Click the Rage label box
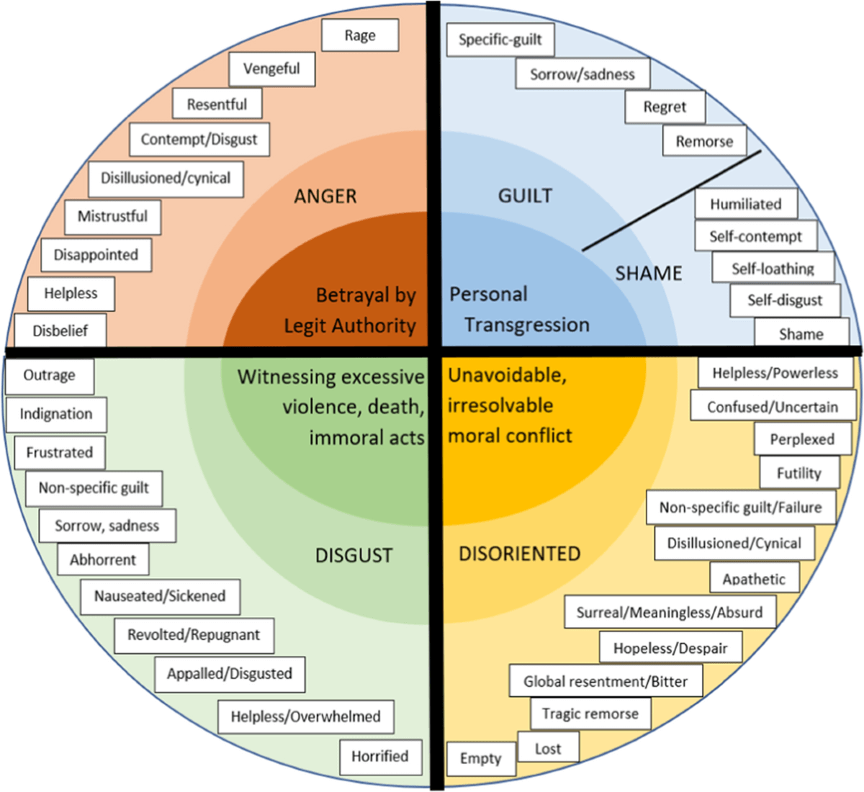point(360,35)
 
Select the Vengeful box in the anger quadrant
point(271,69)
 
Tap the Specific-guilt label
point(500,40)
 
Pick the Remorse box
point(705,141)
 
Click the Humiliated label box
point(746,203)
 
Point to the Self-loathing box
point(773,268)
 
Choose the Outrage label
point(50,376)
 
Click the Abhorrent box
point(104,559)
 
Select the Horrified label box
point(381,755)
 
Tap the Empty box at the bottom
point(481,758)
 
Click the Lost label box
point(549,749)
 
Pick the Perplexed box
point(802,439)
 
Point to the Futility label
point(799,473)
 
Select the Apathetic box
point(755,578)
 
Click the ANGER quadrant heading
point(325,197)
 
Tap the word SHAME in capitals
point(649,273)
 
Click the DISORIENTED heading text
point(520,554)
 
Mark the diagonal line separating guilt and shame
point(672,200)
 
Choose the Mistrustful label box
point(113,217)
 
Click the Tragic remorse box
point(590,714)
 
